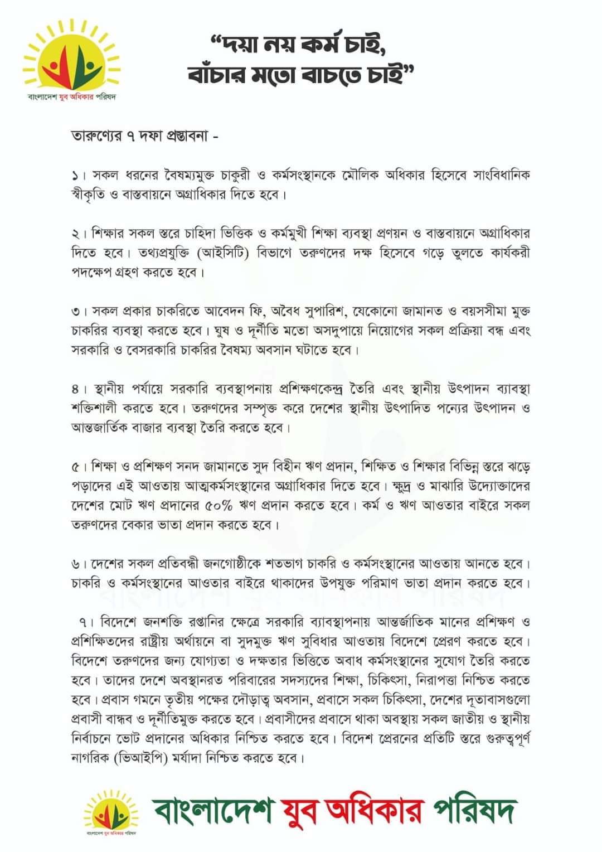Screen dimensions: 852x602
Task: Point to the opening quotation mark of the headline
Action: tap(216, 40)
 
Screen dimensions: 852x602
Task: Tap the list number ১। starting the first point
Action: tap(79, 176)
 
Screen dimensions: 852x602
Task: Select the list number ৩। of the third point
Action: tap(79, 311)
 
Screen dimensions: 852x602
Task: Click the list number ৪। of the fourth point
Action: tap(80, 389)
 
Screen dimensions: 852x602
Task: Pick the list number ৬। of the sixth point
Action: tap(79, 564)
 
